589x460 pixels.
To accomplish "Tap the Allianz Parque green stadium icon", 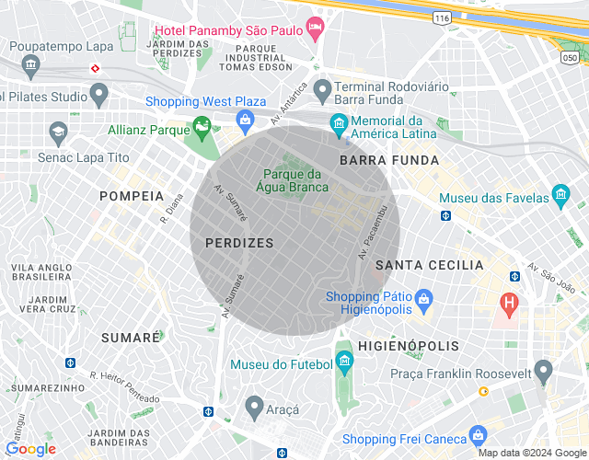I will [x=202, y=130].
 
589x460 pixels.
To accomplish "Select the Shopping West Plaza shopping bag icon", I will [x=246, y=120].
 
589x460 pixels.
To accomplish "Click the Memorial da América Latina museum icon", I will [x=339, y=122].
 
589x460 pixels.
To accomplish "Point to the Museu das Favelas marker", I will [x=560, y=194].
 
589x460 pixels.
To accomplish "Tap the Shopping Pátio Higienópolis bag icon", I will [x=423, y=298].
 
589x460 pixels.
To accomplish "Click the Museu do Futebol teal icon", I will [x=343, y=360].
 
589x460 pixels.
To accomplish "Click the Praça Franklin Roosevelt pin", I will [x=543, y=372].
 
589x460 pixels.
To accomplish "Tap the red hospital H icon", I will [x=508, y=302].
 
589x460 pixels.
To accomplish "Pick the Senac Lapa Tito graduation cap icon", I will [x=59, y=132].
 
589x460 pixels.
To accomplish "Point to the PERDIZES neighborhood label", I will [x=239, y=243].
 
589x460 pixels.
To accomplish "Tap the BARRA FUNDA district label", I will [x=375, y=160].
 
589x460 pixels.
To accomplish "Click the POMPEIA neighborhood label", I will [x=131, y=196].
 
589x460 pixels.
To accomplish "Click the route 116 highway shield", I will [x=443, y=17].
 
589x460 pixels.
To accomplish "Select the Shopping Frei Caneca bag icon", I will [x=477, y=433].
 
